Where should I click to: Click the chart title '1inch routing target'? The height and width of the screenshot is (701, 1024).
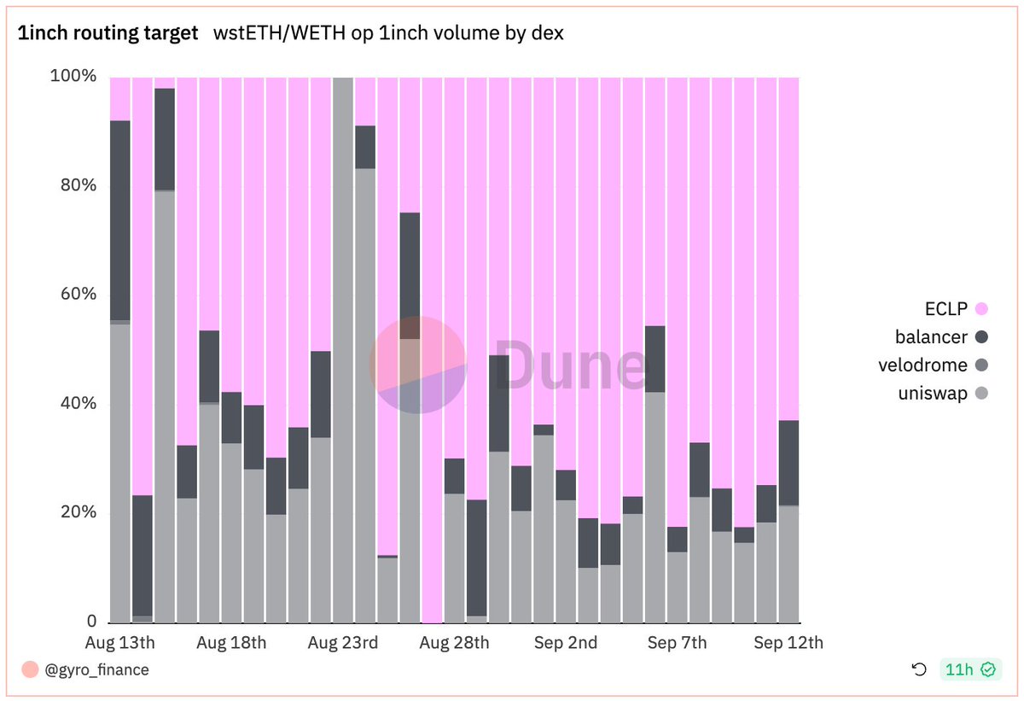tap(108, 33)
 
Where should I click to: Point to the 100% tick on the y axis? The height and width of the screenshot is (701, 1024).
tap(73, 76)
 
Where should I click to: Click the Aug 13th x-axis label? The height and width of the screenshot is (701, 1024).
tap(120, 643)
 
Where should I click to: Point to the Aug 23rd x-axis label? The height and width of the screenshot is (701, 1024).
tap(342, 643)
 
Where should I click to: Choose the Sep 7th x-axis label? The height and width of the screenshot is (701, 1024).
tap(677, 643)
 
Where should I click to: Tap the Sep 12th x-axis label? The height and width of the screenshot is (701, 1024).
tap(789, 643)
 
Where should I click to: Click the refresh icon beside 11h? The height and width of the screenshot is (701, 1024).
tap(919, 670)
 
